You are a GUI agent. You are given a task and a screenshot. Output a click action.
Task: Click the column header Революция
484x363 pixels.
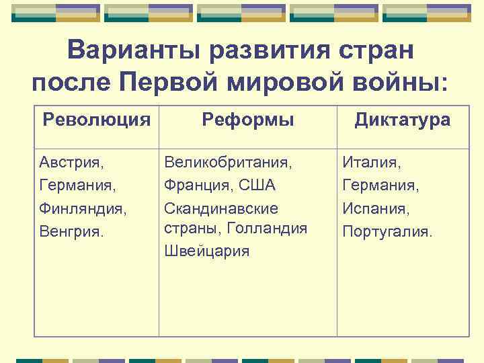pyautogui.click(x=96, y=120)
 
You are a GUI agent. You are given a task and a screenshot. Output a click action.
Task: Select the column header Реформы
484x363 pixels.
pyautogui.click(x=248, y=120)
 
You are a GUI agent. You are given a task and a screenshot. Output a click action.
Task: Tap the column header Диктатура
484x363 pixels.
pyautogui.click(x=403, y=120)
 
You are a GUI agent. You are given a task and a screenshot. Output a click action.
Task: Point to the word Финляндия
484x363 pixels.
pyautogui.click(x=82, y=208)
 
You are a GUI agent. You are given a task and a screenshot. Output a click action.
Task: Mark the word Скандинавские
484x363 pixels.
pyautogui.click(x=220, y=208)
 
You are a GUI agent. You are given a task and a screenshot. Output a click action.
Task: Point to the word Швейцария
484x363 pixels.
pyautogui.click(x=206, y=251)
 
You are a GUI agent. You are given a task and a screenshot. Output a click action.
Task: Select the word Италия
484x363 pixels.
pyautogui.click(x=372, y=162)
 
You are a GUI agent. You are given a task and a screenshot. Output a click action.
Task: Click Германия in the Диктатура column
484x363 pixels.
pyautogui.click(x=380, y=185)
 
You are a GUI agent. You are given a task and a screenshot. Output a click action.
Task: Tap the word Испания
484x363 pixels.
pyautogui.click(x=375, y=208)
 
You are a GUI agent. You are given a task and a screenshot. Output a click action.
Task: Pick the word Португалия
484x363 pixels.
pyautogui.click(x=388, y=231)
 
